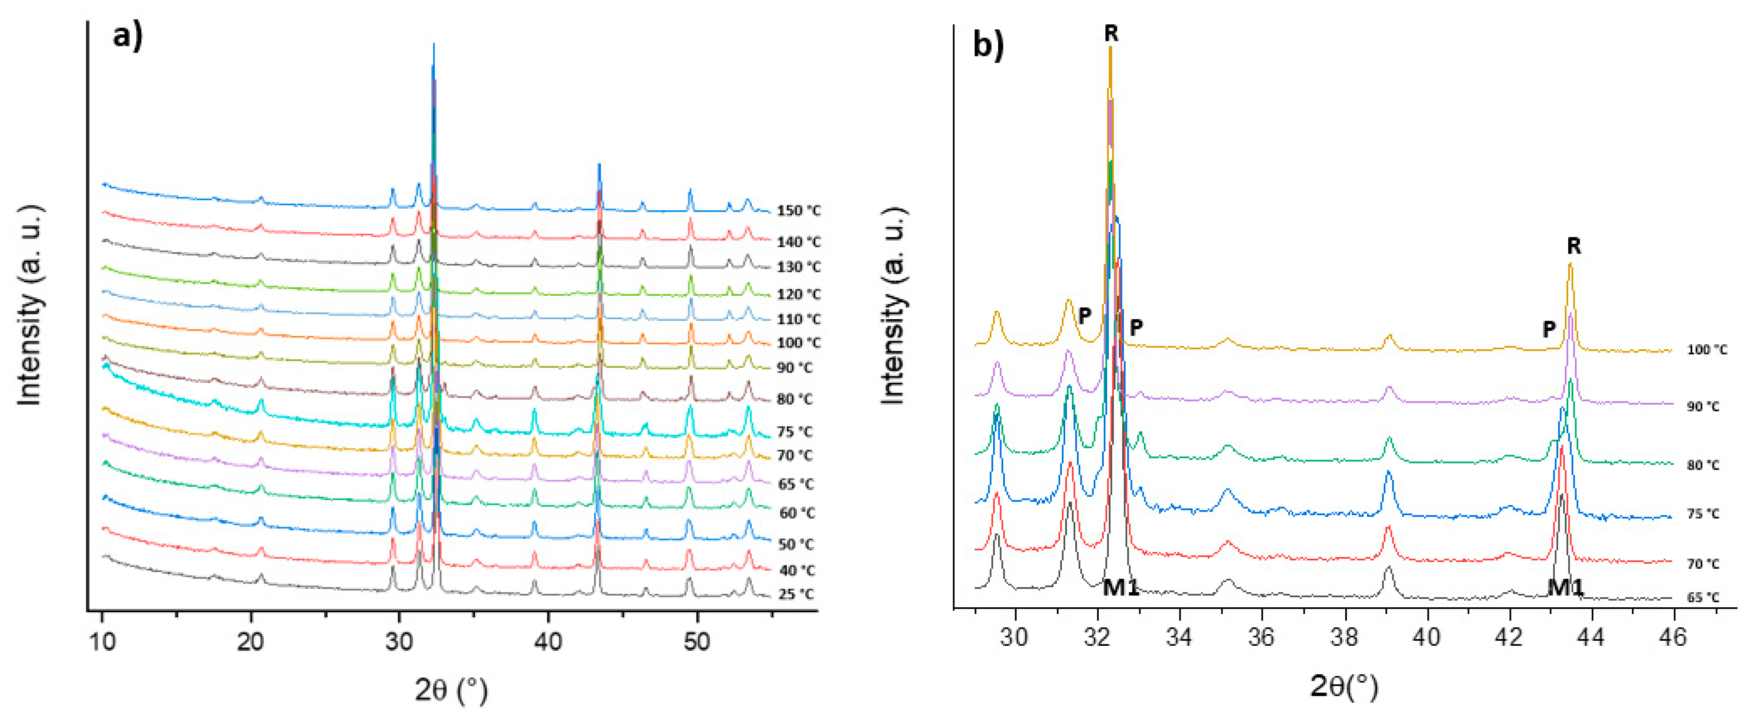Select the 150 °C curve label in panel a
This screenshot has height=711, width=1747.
point(798,211)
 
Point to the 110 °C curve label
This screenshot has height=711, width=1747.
point(798,319)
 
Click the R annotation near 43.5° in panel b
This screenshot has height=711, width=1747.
point(1573,246)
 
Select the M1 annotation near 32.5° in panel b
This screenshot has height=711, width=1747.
point(1120,587)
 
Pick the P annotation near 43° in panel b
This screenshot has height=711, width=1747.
point(1549,330)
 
